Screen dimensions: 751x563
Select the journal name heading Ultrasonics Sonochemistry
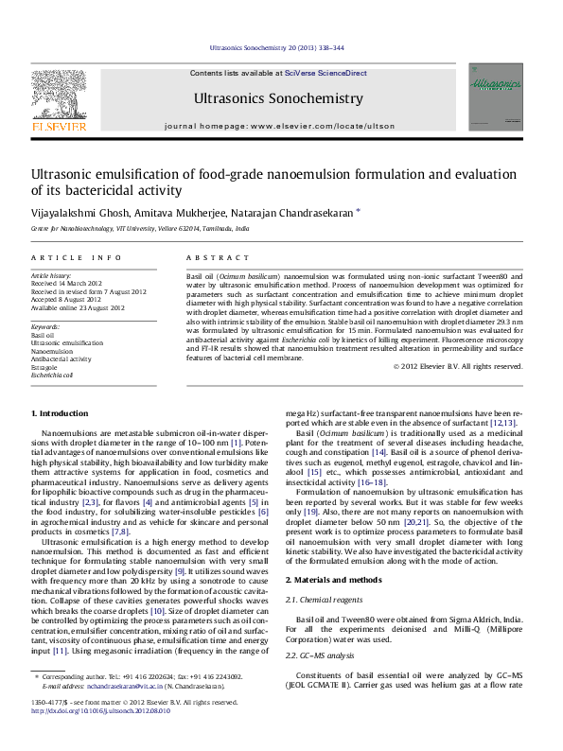(x=277, y=98)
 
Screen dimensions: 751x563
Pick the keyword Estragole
(x=44, y=367)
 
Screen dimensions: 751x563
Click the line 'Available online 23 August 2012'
(x=78, y=307)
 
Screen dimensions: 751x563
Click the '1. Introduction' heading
(x=62, y=414)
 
